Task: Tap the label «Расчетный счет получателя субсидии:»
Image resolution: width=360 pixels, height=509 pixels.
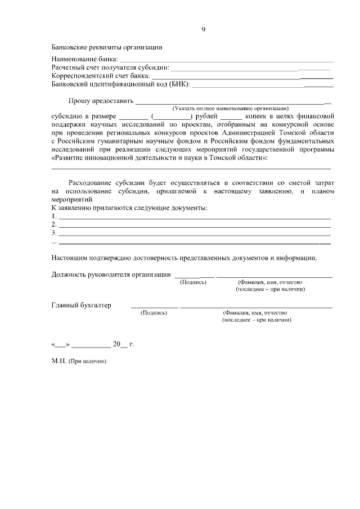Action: pos(110,67)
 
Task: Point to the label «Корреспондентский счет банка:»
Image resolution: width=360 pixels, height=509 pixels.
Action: pos(101,75)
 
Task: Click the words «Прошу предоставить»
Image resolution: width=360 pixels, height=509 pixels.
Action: pos(101,102)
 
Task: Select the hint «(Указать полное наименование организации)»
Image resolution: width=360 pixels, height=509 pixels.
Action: pos(231,109)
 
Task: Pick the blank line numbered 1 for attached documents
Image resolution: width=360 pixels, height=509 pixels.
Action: pos(195,217)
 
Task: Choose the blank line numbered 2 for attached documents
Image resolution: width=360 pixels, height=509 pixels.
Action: pos(195,226)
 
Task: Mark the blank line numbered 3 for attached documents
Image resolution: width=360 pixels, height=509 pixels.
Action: pos(195,234)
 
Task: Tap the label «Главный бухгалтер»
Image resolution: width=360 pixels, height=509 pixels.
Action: pos(81,305)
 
